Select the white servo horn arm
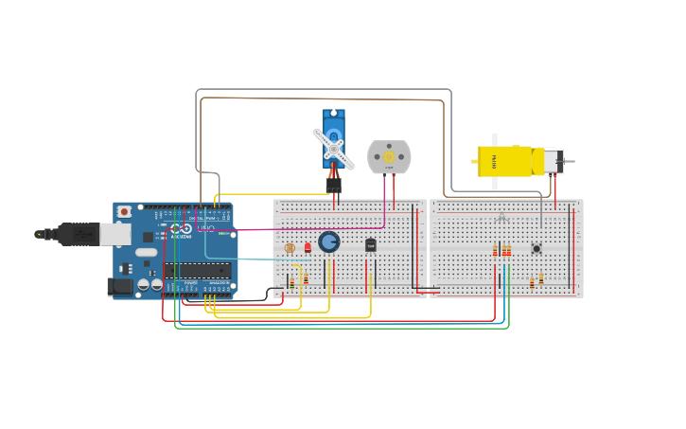(x=334, y=149)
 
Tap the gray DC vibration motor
(x=389, y=156)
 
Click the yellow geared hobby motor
(x=506, y=161)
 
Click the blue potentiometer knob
(x=328, y=242)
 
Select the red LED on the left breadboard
(x=308, y=247)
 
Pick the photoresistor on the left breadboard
(x=290, y=248)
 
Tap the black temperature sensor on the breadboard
(x=371, y=245)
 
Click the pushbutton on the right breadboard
(x=536, y=249)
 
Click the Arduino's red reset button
(x=123, y=212)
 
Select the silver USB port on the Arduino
(x=115, y=233)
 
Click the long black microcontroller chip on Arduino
(x=196, y=271)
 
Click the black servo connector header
(x=333, y=185)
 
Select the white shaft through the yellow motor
(x=494, y=161)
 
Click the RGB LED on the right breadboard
(x=501, y=219)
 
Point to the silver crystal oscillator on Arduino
(x=146, y=252)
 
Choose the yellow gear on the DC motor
(x=389, y=155)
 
